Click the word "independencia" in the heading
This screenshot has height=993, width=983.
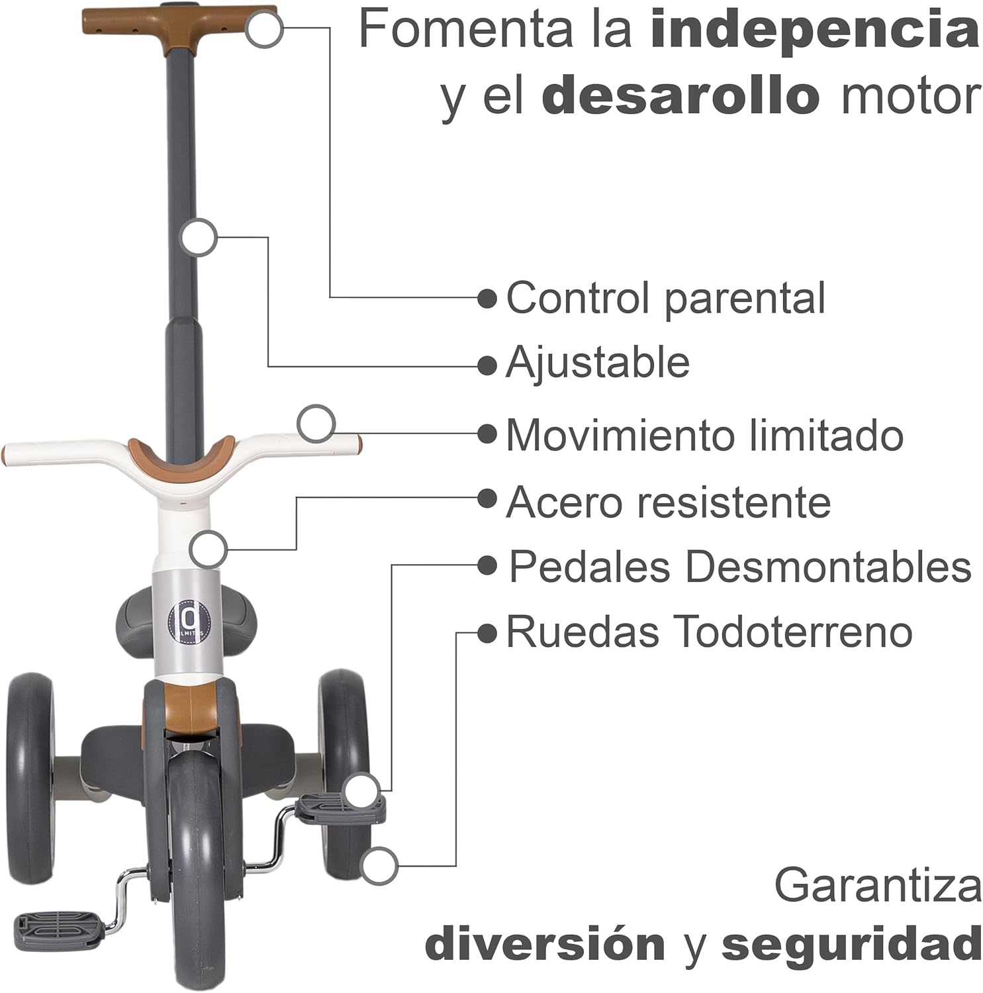(x=814, y=30)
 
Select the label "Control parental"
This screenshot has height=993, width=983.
(x=665, y=298)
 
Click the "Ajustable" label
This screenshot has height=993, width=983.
(x=597, y=363)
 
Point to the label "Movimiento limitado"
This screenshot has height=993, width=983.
(x=704, y=435)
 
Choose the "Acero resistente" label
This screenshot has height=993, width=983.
(x=668, y=502)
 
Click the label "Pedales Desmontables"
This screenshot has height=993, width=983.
(x=739, y=567)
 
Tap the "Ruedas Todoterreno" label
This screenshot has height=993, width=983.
(x=709, y=632)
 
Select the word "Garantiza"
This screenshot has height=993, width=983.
(x=878, y=885)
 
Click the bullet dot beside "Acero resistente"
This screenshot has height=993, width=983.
(x=487, y=499)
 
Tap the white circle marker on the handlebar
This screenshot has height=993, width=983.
(x=316, y=424)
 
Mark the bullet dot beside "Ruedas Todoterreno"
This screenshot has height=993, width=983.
(x=487, y=633)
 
